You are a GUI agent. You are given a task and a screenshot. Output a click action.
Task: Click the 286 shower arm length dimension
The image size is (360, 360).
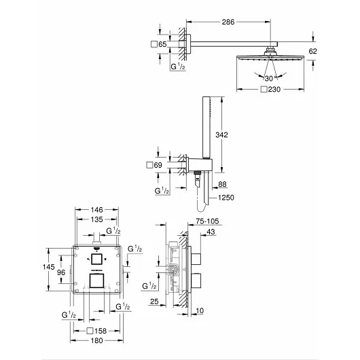(x=228, y=22)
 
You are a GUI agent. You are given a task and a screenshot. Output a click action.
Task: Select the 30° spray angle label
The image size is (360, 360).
(x=271, y=78)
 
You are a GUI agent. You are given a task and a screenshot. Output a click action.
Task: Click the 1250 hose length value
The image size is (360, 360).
(x=227, y=198)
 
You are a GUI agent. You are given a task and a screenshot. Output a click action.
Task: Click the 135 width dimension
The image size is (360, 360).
(x=98, y=220)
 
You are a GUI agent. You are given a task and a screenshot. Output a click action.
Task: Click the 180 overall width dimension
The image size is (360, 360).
(x=98, y=341)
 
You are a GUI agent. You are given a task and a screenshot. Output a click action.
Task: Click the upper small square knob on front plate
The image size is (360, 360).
(x=98, y=259)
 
